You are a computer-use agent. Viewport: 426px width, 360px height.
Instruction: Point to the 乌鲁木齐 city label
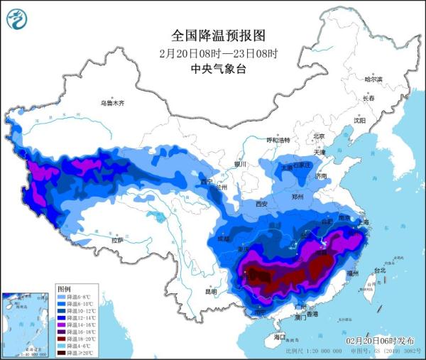pos(111,104)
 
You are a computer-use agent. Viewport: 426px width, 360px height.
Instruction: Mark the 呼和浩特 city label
pos(278,141)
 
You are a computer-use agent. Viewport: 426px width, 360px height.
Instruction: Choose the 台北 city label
pos(379,271)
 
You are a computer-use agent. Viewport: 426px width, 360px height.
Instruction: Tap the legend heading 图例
pos(64,290)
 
